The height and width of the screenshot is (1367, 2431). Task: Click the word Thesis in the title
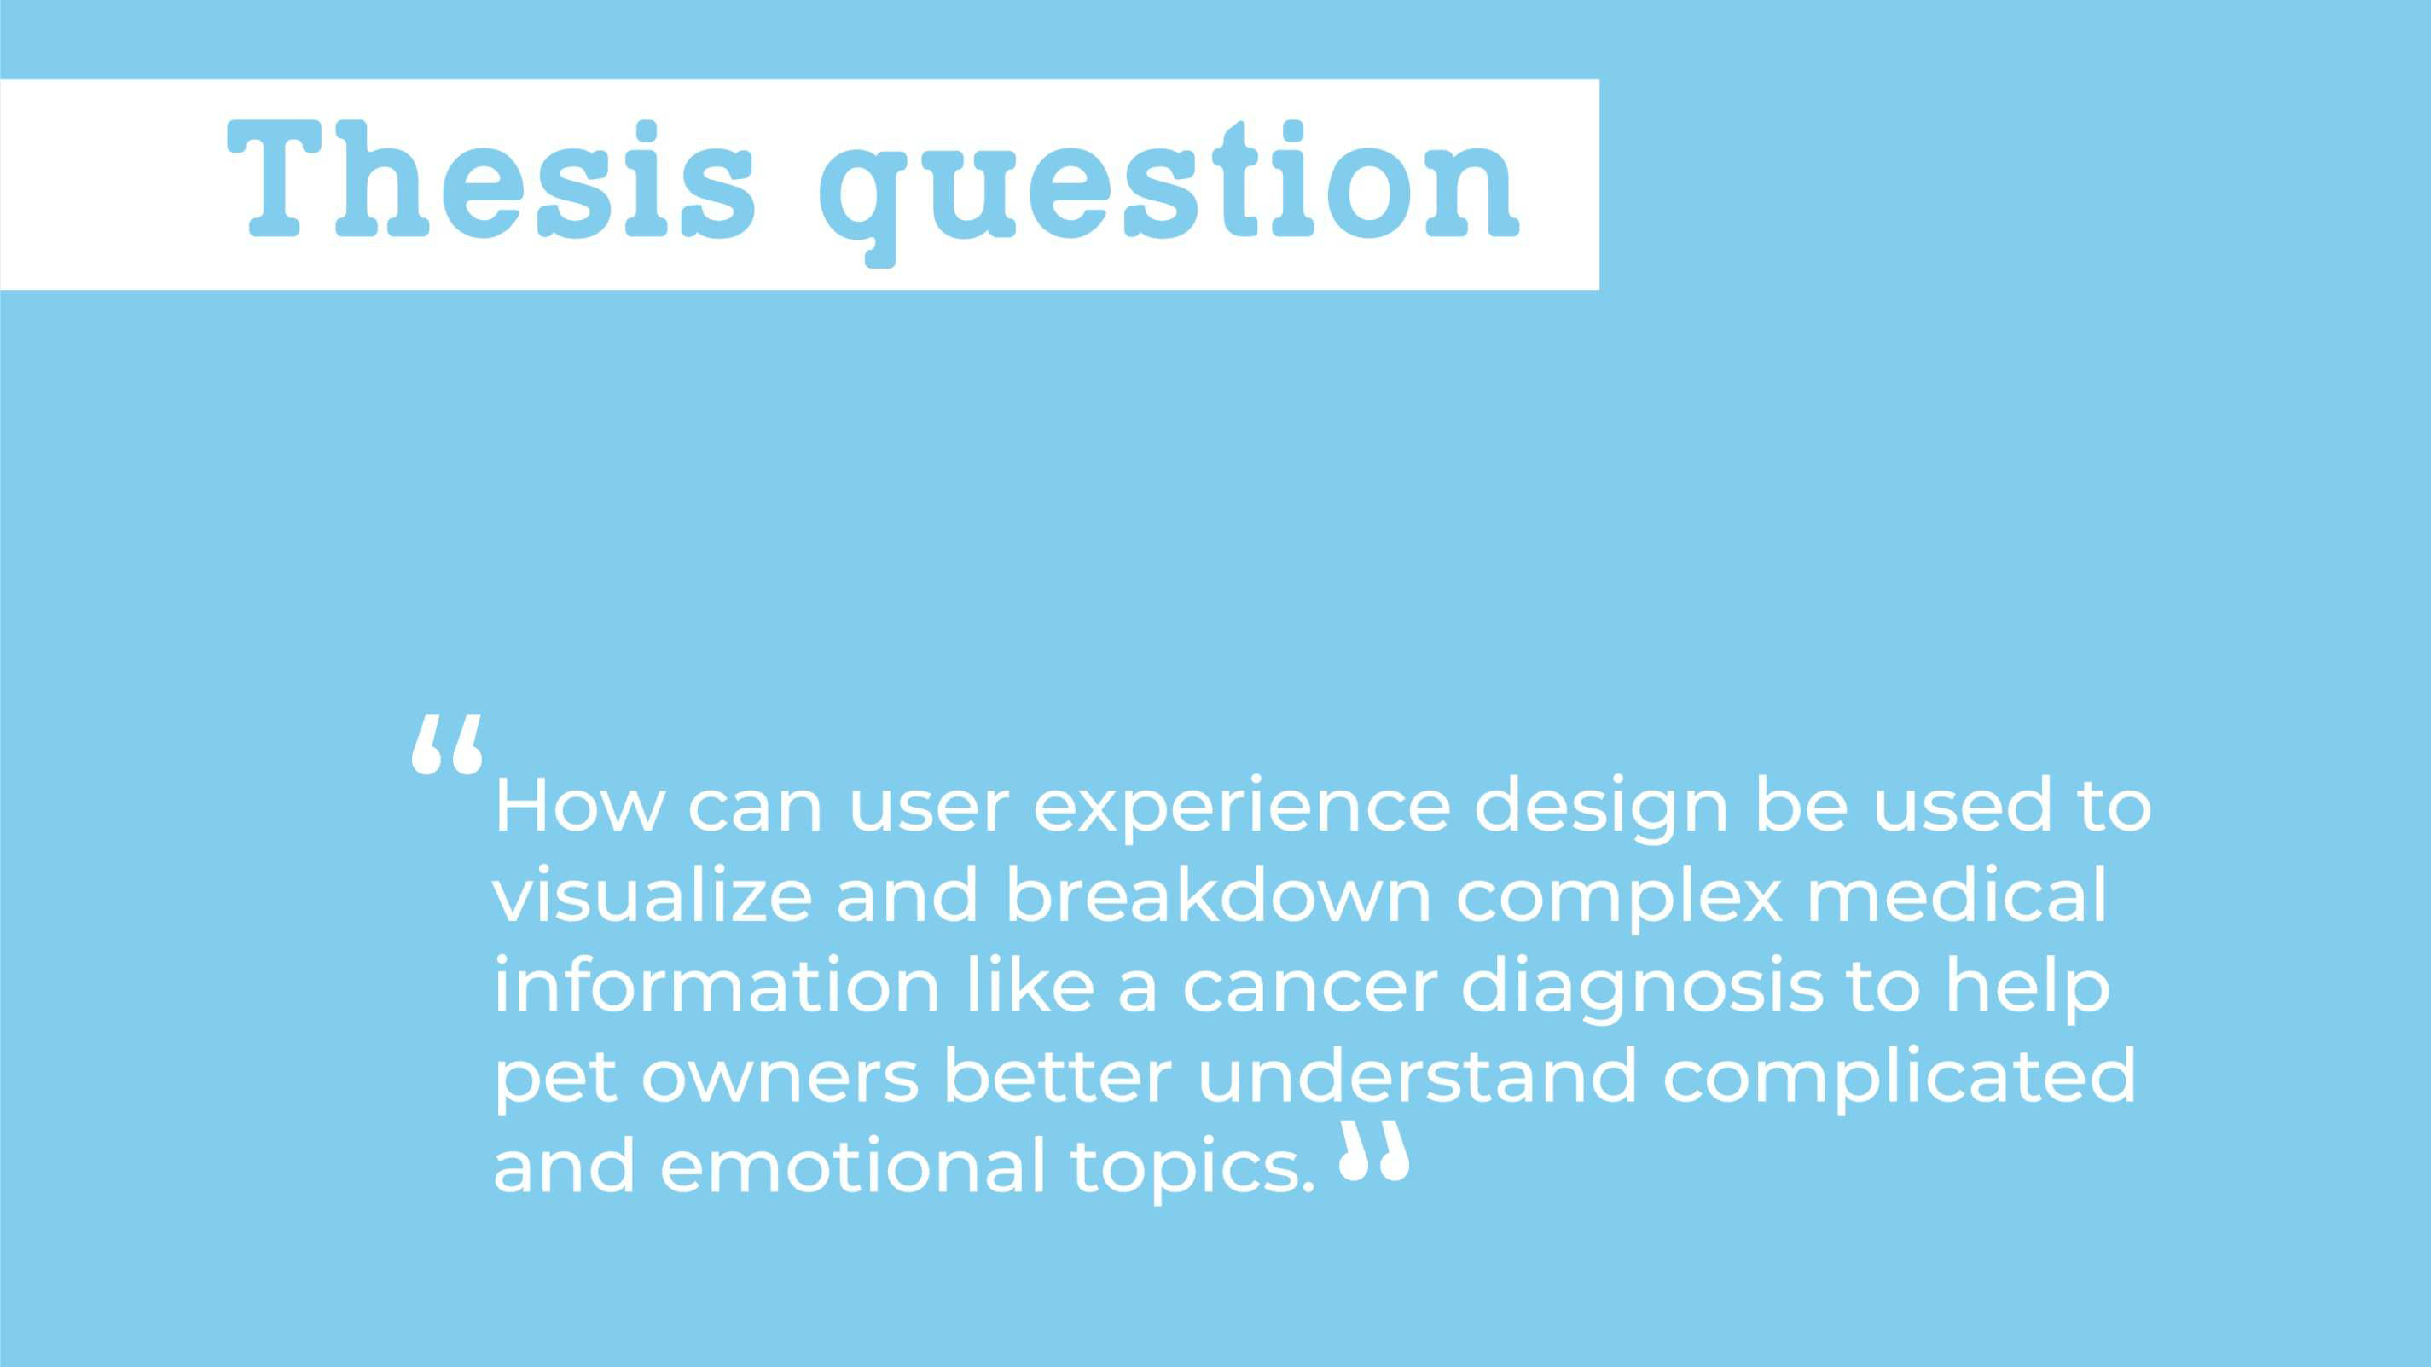pyautogui.click(x=491, y=179)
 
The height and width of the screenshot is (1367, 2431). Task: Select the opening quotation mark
pyautogui.click(x=447, y=743)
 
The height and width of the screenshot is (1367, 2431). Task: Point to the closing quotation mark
pyautogui.click(x=1375, y=1151)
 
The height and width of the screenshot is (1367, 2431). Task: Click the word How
pyautogui.click(x=579, y=806)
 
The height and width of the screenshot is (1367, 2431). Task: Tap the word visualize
pyautogui.click(x=652, y=895)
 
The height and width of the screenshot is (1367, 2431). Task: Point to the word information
pyautogui.click(x=717, y=985)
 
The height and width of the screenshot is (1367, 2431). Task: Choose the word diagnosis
pyautogui.click(x=1642, y=991)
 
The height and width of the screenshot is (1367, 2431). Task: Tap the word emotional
pyautogui.click(x=853, y=1165)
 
